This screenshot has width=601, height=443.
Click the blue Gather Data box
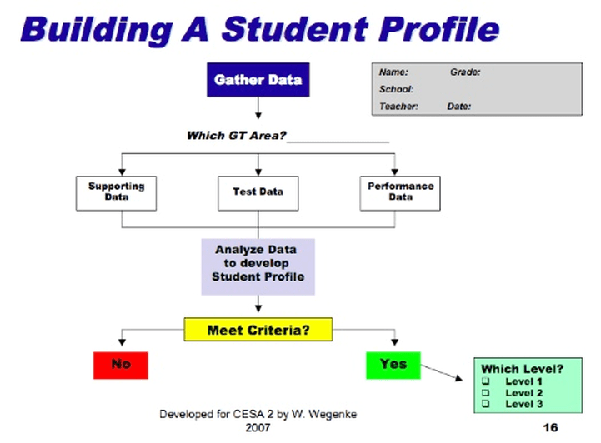258,81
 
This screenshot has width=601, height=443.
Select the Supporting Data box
116,192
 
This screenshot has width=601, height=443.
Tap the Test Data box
258,192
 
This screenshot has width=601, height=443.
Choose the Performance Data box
400,192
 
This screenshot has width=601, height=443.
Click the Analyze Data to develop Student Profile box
258,264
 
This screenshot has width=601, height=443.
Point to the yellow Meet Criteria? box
258,330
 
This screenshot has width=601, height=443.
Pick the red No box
120,364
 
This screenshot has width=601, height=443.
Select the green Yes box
393,364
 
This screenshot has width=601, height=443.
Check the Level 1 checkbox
486,381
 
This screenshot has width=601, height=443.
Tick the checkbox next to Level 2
486,393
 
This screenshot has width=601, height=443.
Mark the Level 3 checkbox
486,404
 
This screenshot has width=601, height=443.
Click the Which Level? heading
522,369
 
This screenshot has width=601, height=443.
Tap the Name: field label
393,72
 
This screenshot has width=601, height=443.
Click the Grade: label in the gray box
465,72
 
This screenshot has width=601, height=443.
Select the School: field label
397,89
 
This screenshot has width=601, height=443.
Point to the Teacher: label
398,107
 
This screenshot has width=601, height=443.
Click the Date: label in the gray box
458,107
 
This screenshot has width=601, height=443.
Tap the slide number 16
549,426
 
